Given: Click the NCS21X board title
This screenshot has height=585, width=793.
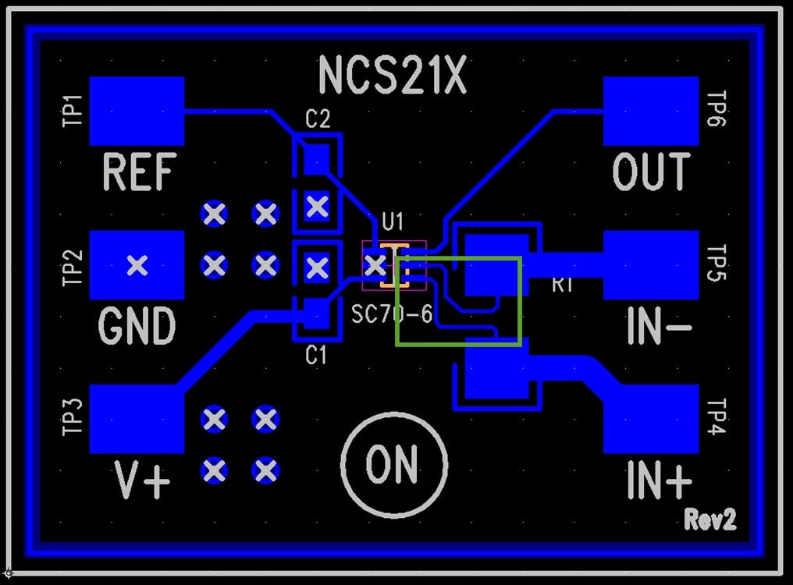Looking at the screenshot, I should click(393, 76).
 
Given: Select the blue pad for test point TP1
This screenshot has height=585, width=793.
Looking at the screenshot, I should click(137, 111).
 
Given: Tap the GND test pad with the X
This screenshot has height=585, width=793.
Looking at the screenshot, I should click(137, 265).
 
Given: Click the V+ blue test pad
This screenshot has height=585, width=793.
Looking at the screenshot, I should click(137, 418).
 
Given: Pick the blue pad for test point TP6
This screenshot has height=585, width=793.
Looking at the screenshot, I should click(651, 111).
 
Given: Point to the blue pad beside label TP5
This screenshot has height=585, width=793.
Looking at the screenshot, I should click(651, 265).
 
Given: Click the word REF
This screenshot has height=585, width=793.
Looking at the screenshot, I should click(139, 172).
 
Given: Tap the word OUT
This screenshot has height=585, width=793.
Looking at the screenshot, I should click(651, 172).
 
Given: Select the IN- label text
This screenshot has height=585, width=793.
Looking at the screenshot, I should click(658, 327).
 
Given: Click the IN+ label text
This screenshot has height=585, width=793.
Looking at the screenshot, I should click(658, 481).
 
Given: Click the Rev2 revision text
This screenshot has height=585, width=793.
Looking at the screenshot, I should click(709, 519).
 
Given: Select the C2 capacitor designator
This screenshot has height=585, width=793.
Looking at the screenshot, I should click(318, 119).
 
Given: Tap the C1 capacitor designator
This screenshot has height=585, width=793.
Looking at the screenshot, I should click(316, 356).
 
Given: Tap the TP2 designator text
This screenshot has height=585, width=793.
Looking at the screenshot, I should click(73, 266).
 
